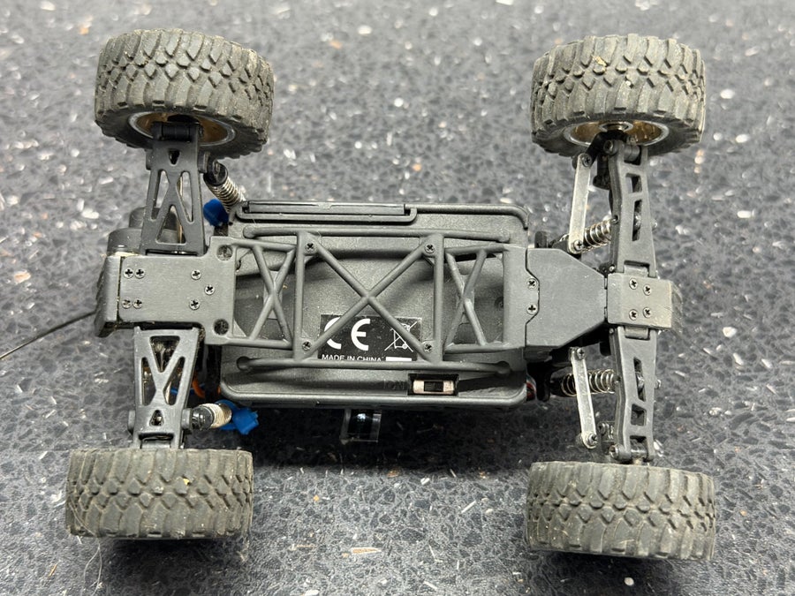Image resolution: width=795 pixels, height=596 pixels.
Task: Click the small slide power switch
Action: tap(433, 386)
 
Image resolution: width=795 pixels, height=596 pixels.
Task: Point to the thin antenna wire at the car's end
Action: tap(47, 334)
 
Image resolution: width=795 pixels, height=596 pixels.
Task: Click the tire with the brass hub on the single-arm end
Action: tap(184, 93)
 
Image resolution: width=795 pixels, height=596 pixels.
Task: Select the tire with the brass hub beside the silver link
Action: tap(617, 94)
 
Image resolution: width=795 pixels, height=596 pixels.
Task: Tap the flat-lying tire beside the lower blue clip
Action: tap(159, 493)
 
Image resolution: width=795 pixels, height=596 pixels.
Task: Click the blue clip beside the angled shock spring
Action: tap(216, 213)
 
